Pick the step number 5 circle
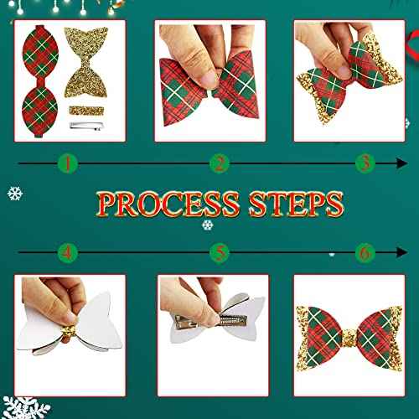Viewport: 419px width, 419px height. click(x=220, y=251)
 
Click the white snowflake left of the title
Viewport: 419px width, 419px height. click(x=14, y=194)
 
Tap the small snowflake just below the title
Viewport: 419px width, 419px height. click(x=207, y=225)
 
